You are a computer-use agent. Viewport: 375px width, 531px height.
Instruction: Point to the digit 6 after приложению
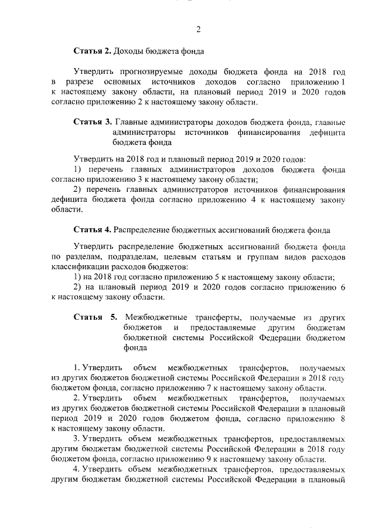343,288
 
